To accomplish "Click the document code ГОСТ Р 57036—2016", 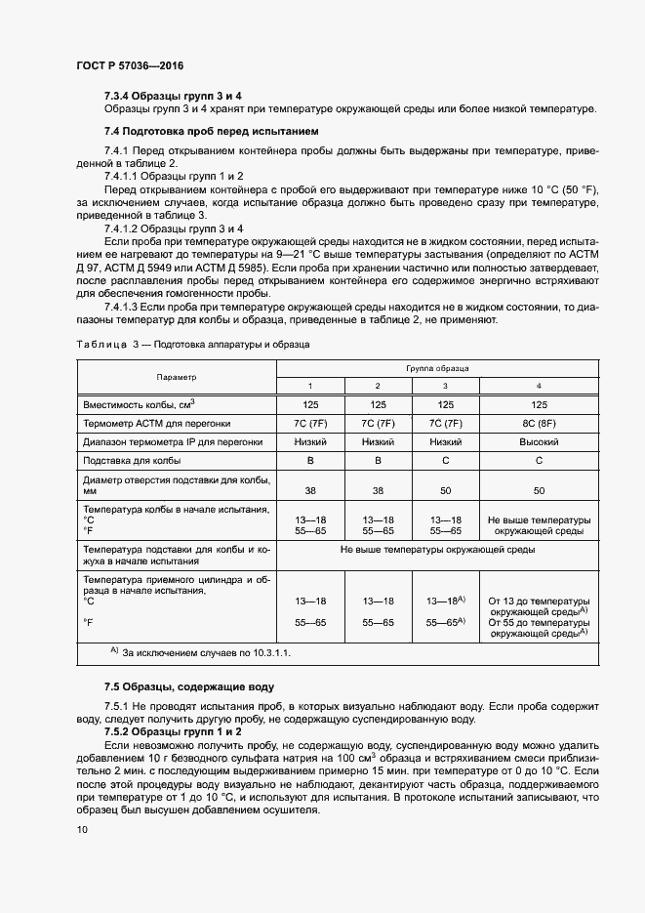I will pos(129,65).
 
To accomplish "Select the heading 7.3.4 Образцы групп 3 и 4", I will pos(173,96).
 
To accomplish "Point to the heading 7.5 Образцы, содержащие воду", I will pos(189,686).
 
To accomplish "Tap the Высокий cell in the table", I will pos(538,441).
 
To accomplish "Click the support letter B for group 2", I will pos(378,460).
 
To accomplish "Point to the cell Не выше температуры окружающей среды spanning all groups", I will pos(437,551).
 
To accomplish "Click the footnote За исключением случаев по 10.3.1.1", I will pos(206,651).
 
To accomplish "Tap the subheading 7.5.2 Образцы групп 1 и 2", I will pos(173,730).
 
